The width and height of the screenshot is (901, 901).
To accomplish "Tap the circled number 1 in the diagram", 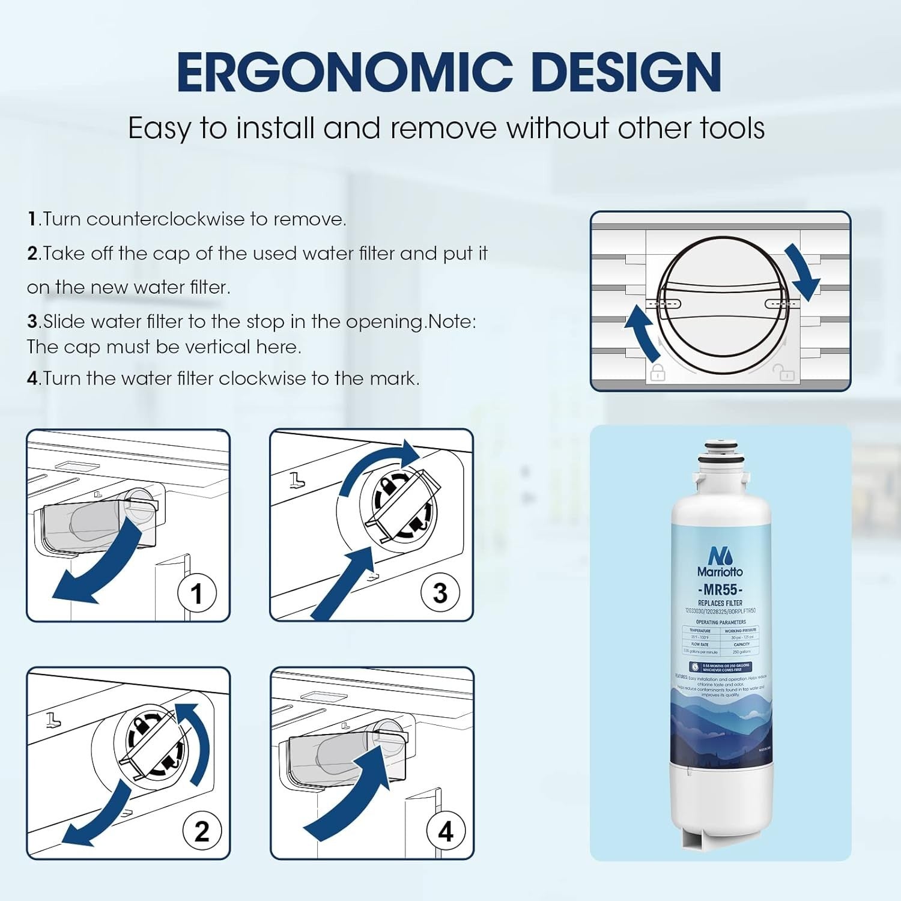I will point(196,593).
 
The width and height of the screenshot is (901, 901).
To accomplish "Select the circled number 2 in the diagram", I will point(202,831).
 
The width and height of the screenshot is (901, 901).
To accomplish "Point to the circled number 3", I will point(440,593).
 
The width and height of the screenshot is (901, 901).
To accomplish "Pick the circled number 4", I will point(445,831).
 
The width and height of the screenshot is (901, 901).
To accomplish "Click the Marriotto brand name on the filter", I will point(720,571).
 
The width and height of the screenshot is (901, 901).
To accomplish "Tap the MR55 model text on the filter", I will point(720,589).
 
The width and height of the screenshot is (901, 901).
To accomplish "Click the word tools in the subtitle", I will point(732,129).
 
